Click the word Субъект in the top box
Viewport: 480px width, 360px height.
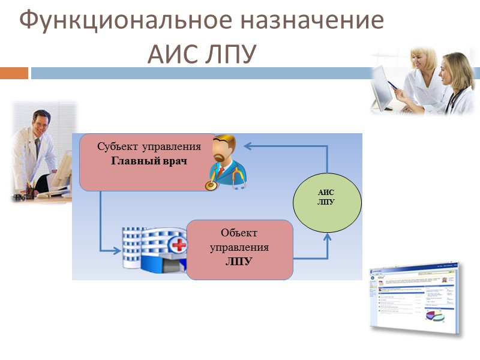tap(117, 146)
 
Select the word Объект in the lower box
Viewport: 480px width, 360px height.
tap(239, 233)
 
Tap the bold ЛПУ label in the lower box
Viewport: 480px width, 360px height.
tap(239, 262)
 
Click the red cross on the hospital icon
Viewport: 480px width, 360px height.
tap(178, 245)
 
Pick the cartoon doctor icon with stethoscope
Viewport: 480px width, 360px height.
tap(226, 162)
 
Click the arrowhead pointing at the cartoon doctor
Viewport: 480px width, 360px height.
tap(248, 145)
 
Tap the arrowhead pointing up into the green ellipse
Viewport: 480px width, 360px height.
tap(328, 237)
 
